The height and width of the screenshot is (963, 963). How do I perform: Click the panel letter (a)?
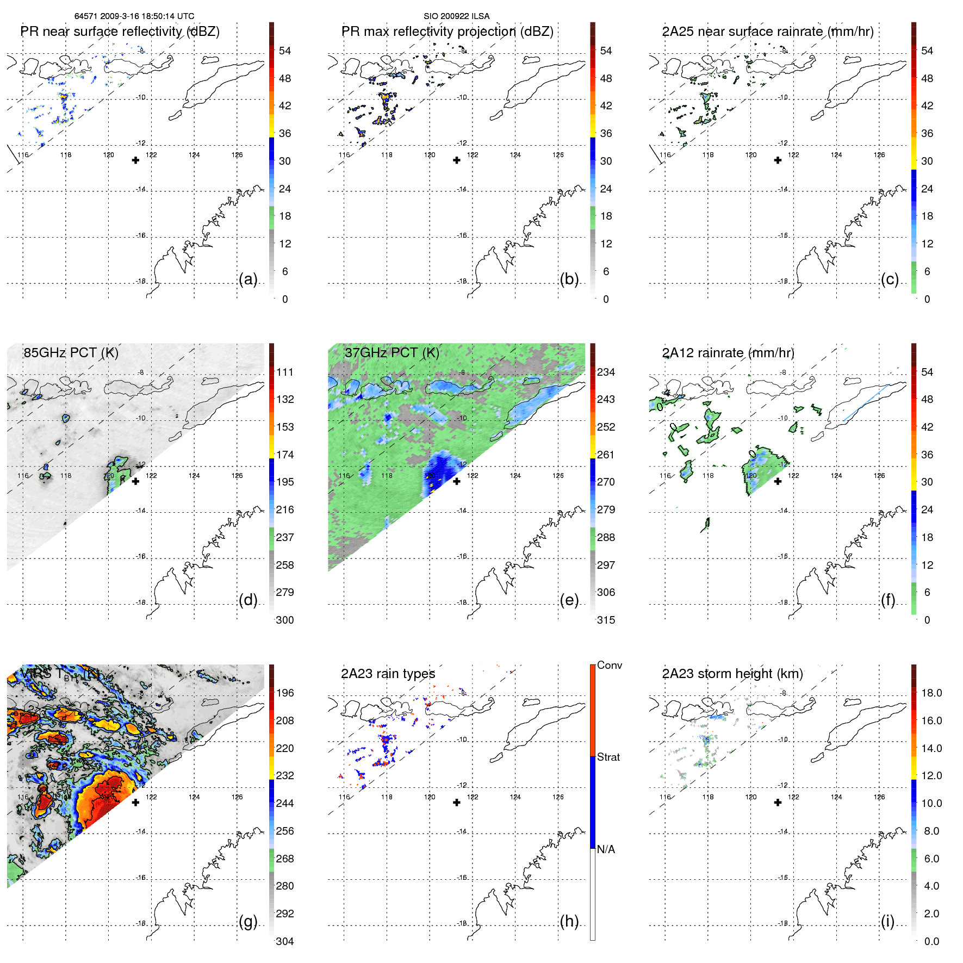pos(247,279)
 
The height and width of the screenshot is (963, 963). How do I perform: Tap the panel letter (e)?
pos(569,600)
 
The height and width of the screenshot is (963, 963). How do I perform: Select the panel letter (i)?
pos(887,922)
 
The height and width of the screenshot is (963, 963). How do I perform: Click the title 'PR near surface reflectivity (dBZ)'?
pos(120,32)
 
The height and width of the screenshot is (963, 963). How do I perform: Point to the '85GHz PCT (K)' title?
pos(71,352)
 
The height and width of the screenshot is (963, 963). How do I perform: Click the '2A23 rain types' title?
pos(388,674)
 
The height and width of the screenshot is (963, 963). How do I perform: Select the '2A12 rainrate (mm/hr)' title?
pos(728,352)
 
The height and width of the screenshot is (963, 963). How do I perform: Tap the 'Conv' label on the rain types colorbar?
pos(610,665)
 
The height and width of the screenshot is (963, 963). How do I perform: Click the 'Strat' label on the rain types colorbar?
pos(608,757)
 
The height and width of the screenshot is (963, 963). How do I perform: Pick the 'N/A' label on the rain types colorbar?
pos(606,849)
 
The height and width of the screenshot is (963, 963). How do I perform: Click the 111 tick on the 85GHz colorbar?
pos(285,372)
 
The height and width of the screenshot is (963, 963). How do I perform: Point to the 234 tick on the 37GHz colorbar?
pos(606,372)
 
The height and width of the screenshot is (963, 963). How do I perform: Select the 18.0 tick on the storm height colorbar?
pos(931,693)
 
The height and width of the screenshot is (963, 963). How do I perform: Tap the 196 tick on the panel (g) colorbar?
pos(285,693)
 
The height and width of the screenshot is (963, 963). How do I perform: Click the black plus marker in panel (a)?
pos(135,160)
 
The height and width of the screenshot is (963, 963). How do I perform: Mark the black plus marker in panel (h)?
pos(457,802)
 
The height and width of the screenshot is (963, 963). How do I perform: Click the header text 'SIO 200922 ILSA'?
pos(456,16)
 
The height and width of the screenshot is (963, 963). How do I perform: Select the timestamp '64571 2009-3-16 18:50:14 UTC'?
pos(134,16)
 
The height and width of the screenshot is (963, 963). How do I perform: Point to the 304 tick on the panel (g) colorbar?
pos(285,941)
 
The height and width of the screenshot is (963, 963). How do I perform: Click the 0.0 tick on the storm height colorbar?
pos(931,941)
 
